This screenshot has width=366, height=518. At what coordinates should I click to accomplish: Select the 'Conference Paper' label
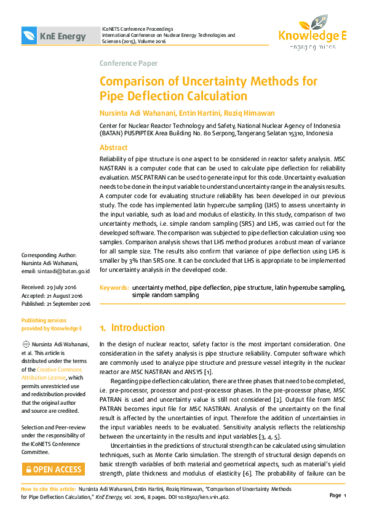click(129, 63)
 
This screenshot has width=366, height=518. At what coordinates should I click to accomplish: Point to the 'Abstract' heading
click(114, 148)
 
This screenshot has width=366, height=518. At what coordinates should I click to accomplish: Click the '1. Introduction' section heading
click(132, 328)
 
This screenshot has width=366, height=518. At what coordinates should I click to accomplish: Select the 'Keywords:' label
click(114, 287)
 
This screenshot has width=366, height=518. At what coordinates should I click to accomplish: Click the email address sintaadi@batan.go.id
click(64, 271)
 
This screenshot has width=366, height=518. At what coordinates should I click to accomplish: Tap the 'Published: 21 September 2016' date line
click(56, 303)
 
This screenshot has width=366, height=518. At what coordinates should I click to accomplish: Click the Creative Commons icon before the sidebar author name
click(25, 344)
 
